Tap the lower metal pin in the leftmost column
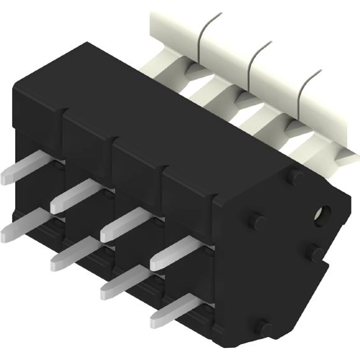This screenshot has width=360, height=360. coord(22,226)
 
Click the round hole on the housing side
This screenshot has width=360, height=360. coord(321,213)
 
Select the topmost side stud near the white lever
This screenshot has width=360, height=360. coord(296,176)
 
